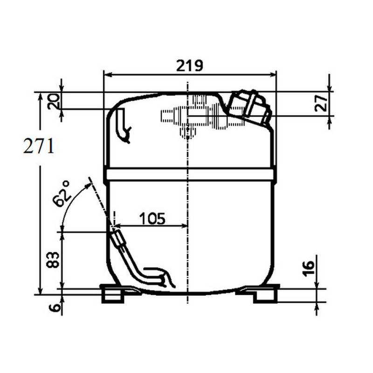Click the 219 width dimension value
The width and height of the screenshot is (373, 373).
(x=190, y=65)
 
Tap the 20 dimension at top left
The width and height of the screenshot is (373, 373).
(x=55, y=101)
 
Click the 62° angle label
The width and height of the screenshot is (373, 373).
(x=62, y=194)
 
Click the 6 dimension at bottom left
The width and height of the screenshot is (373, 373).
(x=55, y=308)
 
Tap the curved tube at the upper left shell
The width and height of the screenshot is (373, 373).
(x=123, y=124)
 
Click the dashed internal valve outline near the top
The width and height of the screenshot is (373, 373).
(x=196, y=117)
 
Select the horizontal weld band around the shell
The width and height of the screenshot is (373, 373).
(x=190, y=175)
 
